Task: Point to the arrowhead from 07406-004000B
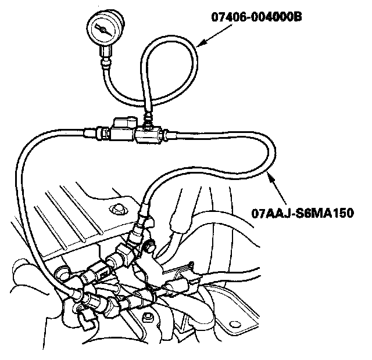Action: pos(199,44)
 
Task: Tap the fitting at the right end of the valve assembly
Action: pos(168,135)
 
